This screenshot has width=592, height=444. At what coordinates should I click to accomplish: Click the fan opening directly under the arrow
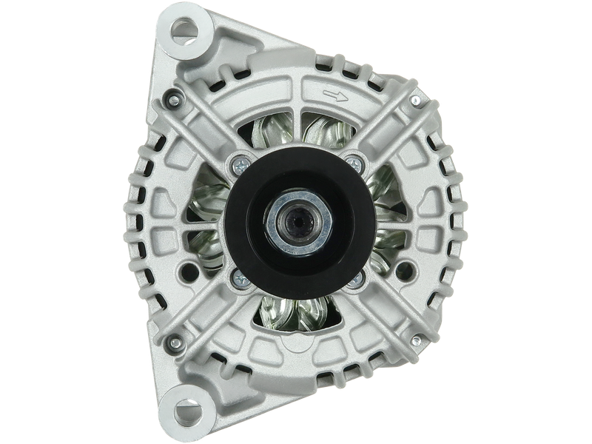tap(329, 126)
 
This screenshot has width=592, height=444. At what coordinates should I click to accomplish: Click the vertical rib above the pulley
tap(296, 111)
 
